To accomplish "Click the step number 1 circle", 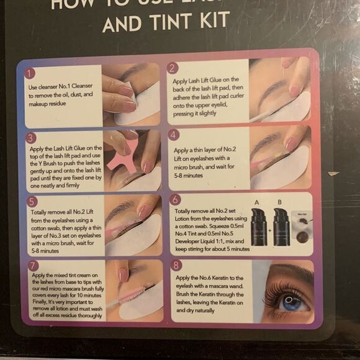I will pyautogui.click(x=29, y=74).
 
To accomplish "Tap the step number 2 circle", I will pyautogui.click(x=173, y=68).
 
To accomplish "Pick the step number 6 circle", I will pyautogui.click(x=176, y=199).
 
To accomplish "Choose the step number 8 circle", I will pyautogui.click(x=176, y=265).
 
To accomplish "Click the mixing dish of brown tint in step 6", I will pyautogui.click(x=304, y=236).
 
